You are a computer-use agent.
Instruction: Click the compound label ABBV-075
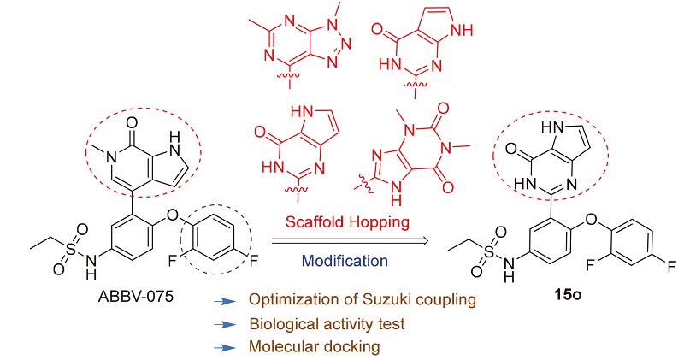tap(136, 296)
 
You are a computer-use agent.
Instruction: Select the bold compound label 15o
tap(568, 294)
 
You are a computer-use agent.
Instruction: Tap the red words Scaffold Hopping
tap(347, 221)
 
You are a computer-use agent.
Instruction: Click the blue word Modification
tap(345, 261)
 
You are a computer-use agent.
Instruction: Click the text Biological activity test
tap(327, 324)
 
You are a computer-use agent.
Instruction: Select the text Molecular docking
tap(315, 347)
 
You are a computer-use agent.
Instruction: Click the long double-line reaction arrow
tap(350, 241)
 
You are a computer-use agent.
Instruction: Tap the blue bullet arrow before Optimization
tap(225, 301)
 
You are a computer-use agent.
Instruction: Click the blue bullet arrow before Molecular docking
tap(225, 348)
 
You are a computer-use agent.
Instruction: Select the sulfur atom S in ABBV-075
tap(71, 248)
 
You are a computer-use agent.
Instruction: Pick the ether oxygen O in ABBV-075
tap(174, 215)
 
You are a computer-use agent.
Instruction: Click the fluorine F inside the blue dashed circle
tap(174, 261)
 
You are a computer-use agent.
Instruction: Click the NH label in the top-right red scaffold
tap(461, 30)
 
